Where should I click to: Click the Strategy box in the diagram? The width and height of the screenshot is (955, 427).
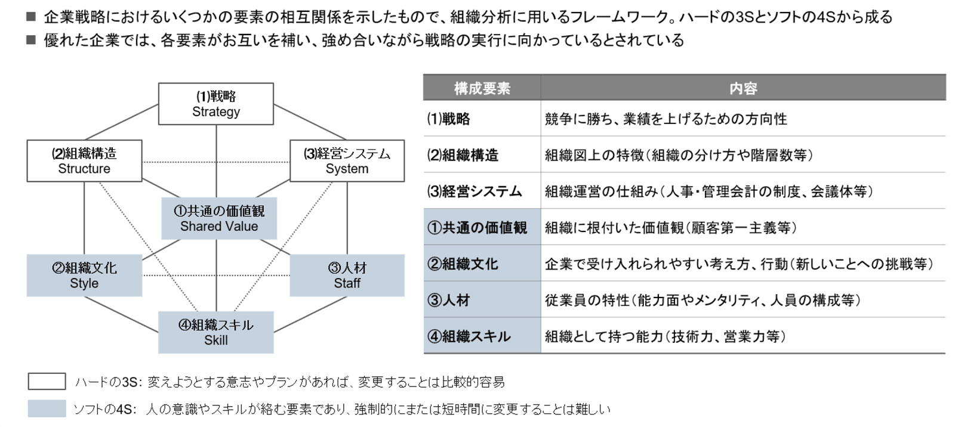(215, 104)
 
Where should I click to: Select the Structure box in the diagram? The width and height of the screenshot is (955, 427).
(84, 161)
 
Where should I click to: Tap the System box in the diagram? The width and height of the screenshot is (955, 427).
(347, 161)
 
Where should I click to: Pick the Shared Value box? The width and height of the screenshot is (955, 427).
(219, 218)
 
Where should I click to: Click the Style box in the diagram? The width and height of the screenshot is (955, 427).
(84, 276)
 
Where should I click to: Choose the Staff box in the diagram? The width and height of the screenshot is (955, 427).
(347, 276)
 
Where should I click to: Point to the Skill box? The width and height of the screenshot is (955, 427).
(215, 332)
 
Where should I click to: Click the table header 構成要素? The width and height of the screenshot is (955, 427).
(482, 88)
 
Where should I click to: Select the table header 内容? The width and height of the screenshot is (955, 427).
(743, 88)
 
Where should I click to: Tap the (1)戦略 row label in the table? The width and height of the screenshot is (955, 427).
(448, 119)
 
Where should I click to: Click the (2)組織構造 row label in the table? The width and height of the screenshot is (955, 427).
(463, 154)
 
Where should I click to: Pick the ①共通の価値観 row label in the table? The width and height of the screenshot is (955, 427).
(477, 228)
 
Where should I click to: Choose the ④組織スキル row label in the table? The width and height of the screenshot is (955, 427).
(469, 337)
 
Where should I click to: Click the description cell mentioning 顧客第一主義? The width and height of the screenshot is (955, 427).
(671, 228)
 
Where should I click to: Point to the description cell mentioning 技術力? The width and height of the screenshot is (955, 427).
(665, 337)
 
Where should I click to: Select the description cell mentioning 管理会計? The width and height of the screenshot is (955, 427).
(709, 191)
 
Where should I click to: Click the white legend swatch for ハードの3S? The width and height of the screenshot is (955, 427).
(47, 382)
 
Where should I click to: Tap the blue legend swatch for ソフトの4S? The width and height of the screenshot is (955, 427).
(47, 409)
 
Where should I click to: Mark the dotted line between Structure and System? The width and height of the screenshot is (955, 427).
(216, 162)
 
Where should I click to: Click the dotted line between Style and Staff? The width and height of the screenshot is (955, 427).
(216, 276)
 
